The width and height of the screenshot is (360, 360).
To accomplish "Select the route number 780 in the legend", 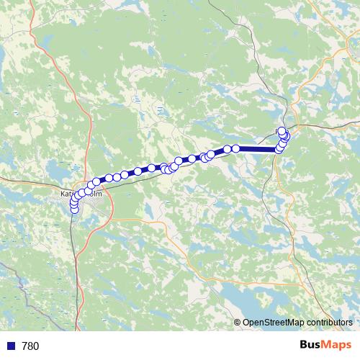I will click(x=30, y=346).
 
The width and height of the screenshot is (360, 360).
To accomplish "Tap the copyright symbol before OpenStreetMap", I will click(x=238, y=323).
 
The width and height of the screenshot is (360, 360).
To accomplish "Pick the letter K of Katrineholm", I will click(x=62, y=194).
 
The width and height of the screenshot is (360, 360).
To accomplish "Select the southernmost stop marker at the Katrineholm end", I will click(x=73, y=210).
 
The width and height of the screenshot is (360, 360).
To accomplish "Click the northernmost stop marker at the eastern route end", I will click(x=282, y=130).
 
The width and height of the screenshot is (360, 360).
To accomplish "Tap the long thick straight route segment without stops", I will click(x=256, y=149).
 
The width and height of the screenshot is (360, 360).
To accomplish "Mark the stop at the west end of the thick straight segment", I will click(x=235, y=148).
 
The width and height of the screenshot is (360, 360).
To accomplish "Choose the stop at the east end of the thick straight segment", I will click(x=278, y=149).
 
